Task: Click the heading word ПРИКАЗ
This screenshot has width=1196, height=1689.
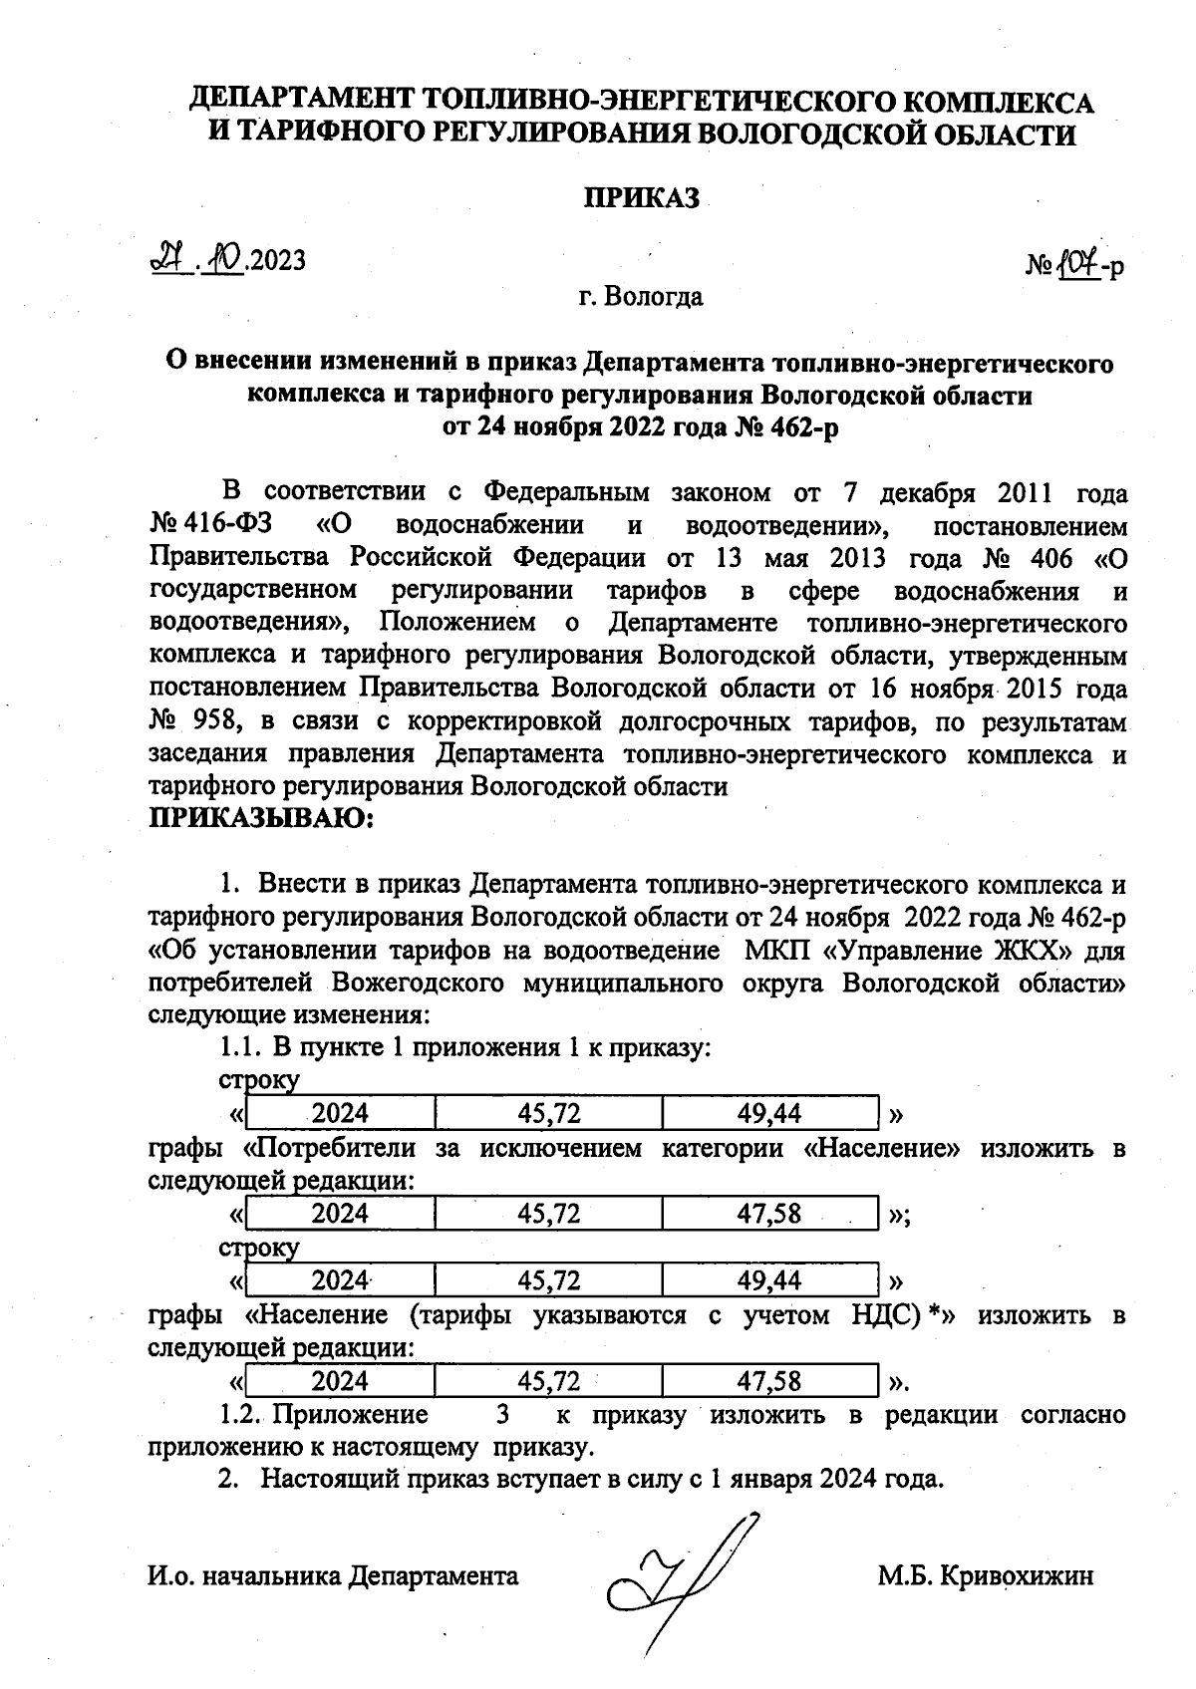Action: click(642, 198)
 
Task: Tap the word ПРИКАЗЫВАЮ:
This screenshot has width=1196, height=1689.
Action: click(260, 819)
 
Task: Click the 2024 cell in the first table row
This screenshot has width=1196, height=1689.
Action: click(339, 1113)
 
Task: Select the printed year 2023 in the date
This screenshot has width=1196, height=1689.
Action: click(278, 261)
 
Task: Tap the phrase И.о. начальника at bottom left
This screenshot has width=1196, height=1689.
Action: click(244, 1575)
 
